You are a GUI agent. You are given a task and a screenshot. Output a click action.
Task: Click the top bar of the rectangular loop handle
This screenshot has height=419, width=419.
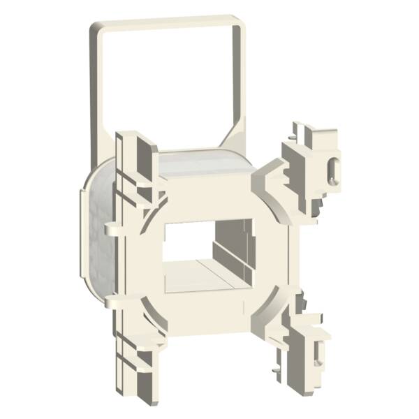click(x=168, y=24)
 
